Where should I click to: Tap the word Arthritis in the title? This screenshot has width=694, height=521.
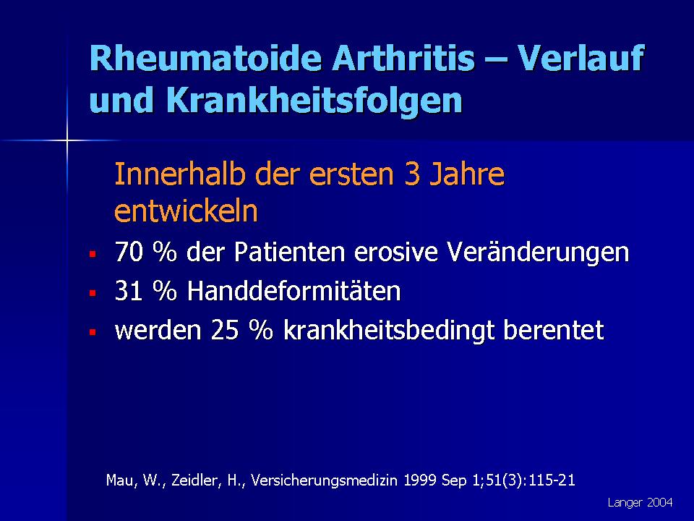(403, 58)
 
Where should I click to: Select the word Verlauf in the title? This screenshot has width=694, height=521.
(581, 58)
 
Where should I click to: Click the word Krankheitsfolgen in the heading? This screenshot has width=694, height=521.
(314, 101)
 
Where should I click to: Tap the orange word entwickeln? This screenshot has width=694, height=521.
(186, 211)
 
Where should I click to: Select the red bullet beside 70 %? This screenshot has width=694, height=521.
(93, 254)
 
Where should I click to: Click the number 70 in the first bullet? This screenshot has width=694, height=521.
(129, 252)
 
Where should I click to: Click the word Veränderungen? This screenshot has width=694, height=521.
(538, 253)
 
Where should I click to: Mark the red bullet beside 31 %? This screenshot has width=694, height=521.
(93, 293)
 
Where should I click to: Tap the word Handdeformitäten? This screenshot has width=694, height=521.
(294, 291)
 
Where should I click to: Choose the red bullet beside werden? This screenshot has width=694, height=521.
(93, 332)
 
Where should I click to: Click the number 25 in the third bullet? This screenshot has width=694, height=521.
(226, 331)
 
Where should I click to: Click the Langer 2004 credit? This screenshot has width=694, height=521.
(640, 503)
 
